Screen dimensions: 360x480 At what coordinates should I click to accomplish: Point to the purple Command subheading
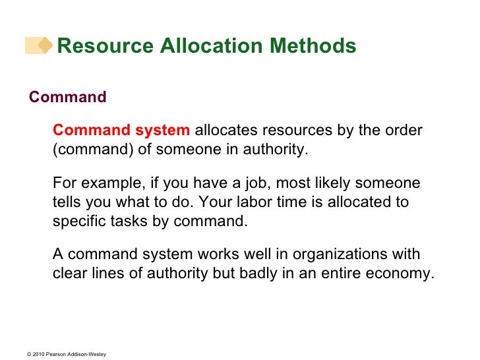point(67,98)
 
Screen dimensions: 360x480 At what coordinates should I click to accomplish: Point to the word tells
point(68,202)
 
